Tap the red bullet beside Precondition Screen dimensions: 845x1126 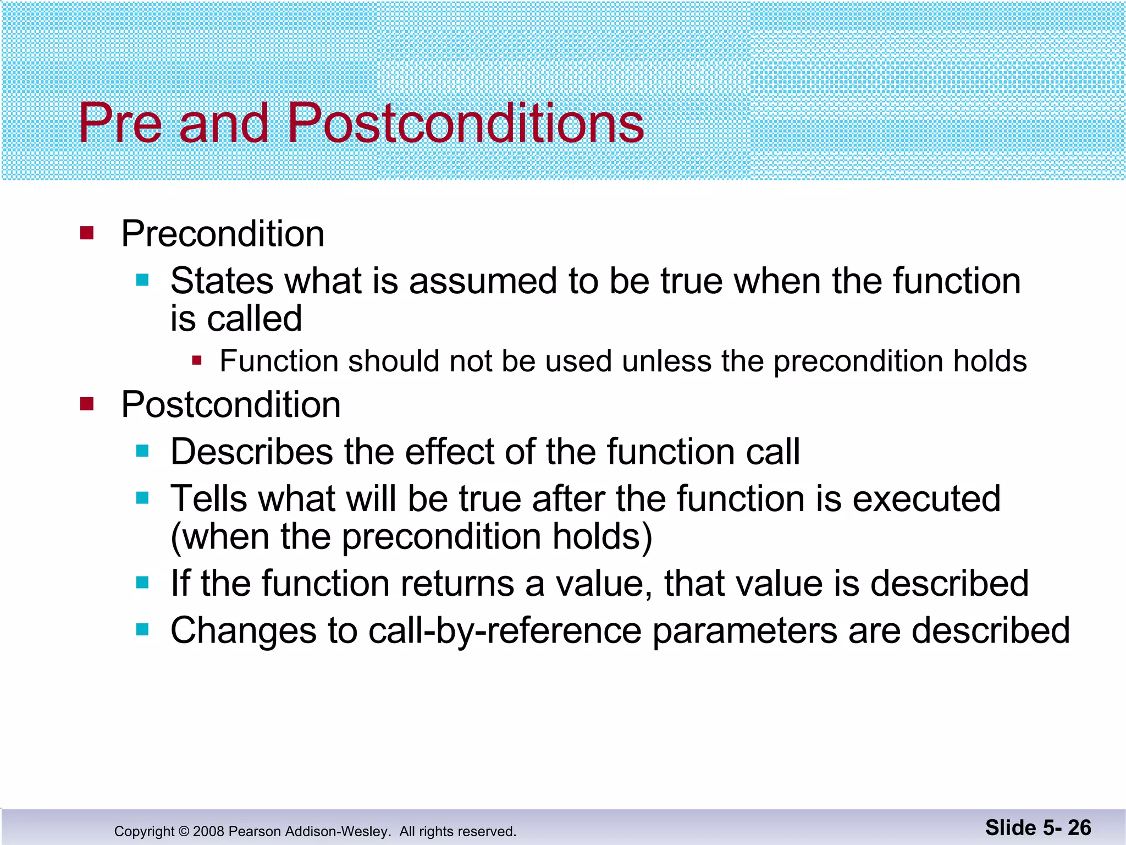coord(87,233)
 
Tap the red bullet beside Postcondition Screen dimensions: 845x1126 coord(87,404)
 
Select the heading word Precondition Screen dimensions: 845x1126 coord(223,234)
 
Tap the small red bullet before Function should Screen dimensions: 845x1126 coord(197,361)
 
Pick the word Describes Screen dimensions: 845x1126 coord(252,452)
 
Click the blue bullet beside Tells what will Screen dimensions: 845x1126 coord(142,498)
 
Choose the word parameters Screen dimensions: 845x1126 coord(745,631)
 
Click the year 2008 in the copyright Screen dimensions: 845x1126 coord(208,831)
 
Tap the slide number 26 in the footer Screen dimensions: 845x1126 coord(1079,828)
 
